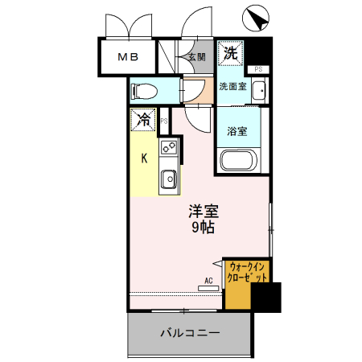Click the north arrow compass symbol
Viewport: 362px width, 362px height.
coord(256,18)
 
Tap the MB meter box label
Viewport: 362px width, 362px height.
coord(128,57)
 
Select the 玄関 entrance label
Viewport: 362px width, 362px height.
coord(196,57)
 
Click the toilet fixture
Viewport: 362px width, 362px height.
coord(144,92)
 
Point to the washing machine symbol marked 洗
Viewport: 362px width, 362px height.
coord(230,53)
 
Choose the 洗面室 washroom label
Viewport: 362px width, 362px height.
coord(232,86)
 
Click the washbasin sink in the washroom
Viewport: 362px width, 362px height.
coord(259,91)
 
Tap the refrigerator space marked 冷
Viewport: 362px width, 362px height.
coord(143,120)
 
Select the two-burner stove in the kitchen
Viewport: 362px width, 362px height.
coord(169,146)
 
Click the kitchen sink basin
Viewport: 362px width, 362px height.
coord(169,179)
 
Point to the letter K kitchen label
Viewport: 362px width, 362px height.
coord(144,158)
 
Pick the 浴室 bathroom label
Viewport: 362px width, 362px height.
coord(237,131)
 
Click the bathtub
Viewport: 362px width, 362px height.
coord(238,160)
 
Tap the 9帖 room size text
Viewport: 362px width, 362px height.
coord(203,228)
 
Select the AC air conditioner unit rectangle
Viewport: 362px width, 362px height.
coord(208,288)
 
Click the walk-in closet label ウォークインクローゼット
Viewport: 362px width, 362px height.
coord(247,272)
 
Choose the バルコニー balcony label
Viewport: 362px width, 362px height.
coord(190,333)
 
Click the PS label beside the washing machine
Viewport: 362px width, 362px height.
coord(258,69)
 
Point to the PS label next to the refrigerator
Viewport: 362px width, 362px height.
coord(164,121)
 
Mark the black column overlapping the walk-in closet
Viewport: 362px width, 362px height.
coord(266,298)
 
